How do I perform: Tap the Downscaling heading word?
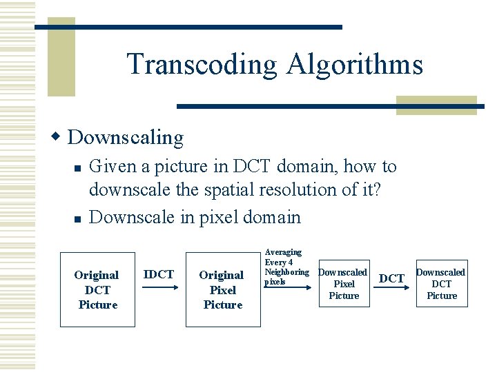click(x=126, y=138)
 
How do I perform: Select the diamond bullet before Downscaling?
click(x=58, y=136)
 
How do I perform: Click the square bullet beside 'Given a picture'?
click(x=79, y=168)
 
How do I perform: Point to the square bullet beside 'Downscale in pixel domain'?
click(x=79, y=219)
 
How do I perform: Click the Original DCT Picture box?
click(x=97, y=289)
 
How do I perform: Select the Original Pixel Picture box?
click(x=222, y=289)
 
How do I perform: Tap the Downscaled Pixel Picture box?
click(x=344, y=284)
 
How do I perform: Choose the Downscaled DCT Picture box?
click(x=442, y=284)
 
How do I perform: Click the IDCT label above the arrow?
click(x=158, y=274)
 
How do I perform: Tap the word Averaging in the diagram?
click(x=283, y=252)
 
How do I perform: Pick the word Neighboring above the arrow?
click(x=286, y=272)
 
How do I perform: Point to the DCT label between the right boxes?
click(x=391, y=278)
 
